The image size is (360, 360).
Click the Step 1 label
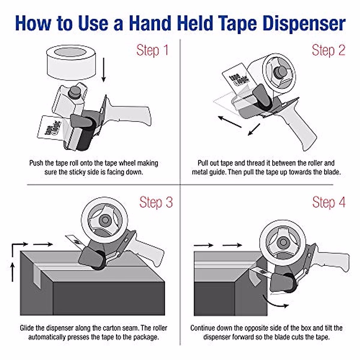tap(152, 50)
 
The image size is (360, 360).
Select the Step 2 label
tap(328, 50)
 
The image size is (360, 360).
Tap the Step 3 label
tap(156, 202)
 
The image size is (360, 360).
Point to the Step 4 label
tap(329, 202)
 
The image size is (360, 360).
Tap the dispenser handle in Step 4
tap(333, 261)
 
